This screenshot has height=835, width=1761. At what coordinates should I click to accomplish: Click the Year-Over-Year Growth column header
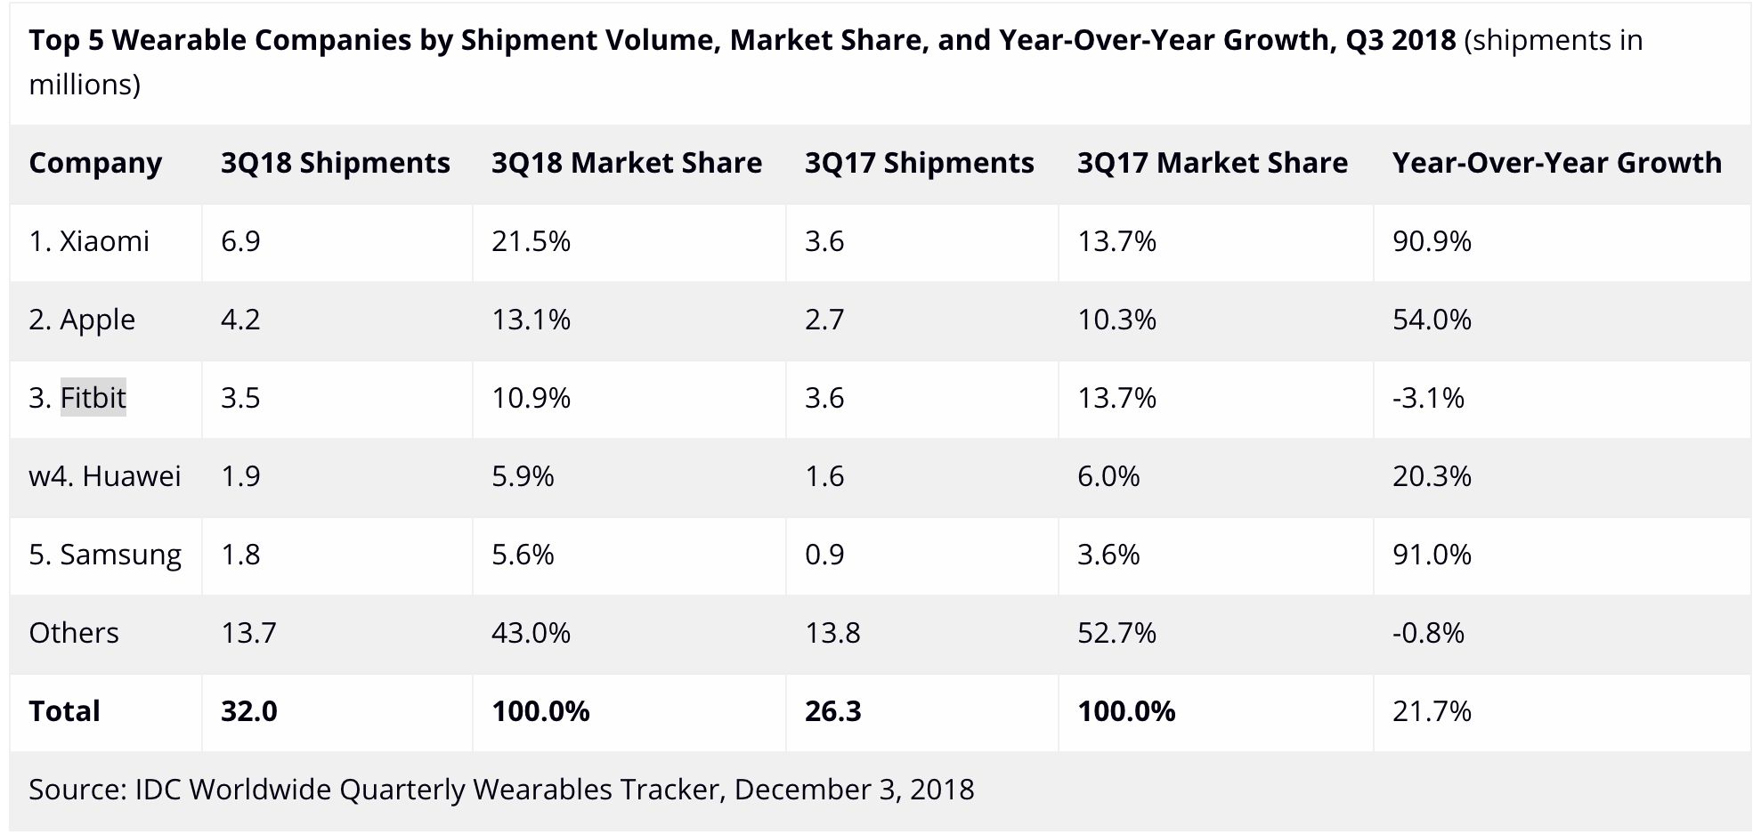coord(1556,163)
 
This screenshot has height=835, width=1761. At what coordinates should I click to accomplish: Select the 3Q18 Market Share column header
coord(626,163)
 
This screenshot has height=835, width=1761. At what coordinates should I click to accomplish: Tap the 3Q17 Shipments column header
coord(919,163)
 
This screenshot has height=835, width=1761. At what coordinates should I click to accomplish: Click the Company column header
coord(95,163)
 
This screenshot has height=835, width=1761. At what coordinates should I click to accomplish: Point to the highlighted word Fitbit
coord(93,397)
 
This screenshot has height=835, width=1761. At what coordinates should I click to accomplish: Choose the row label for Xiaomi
coord(89,241)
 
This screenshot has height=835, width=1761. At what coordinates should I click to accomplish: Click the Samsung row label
coord(105,555)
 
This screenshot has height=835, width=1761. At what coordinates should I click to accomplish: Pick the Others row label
coord(74,633)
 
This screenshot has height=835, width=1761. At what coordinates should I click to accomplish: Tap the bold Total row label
coord(64,711)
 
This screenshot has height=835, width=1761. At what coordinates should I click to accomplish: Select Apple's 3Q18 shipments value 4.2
coord(240,320)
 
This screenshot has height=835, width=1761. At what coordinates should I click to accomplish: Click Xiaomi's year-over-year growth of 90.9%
coord(1432,241)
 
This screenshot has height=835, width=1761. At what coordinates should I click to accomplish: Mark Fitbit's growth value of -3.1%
coord(1428,398)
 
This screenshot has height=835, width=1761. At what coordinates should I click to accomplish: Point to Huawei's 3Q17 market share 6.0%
coord(1108,476)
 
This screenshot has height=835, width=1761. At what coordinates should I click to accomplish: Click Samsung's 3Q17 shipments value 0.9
coord(824,555)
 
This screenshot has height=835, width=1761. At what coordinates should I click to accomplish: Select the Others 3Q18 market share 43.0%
coord(531,633)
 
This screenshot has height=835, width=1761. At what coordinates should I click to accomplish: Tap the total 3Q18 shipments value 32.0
coord(248,711)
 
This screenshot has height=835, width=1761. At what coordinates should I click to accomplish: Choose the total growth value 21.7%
coord(1432,711)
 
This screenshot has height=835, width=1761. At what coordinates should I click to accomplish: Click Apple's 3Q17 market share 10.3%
coord(1116,320)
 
